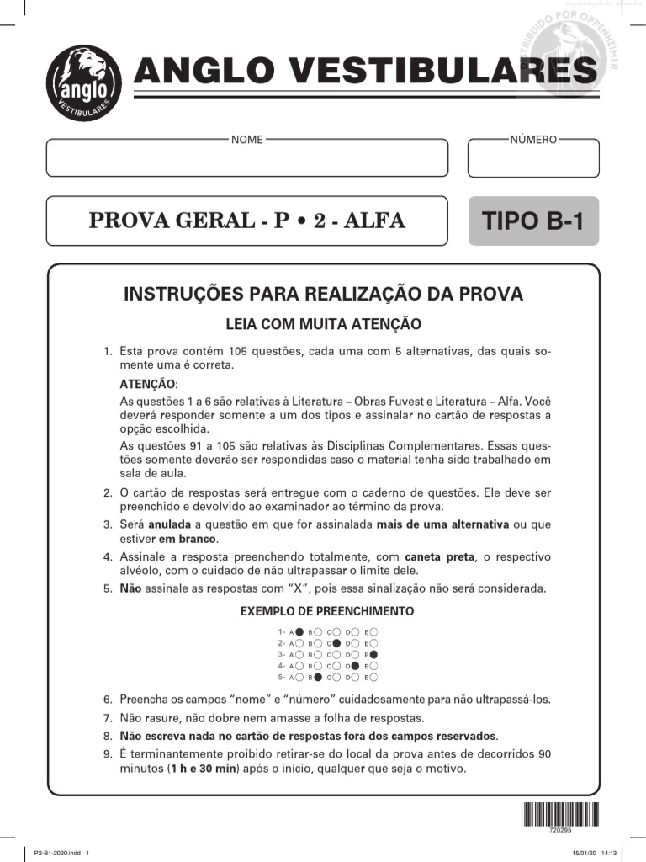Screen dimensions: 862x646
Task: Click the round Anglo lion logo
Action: coord(83,83)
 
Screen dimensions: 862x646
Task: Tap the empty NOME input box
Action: coord(246,159)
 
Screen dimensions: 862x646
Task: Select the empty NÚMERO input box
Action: coord(533,159)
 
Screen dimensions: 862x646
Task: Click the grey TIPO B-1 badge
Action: coord(533,221)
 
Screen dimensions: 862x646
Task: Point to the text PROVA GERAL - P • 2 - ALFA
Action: coord(246,221)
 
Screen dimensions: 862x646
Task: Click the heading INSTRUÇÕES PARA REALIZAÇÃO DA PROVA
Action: coord(324,294)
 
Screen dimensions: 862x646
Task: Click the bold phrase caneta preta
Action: coord(435,557)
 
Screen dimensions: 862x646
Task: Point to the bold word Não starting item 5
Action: coord(130,588)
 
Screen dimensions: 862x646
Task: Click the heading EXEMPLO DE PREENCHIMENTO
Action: coord(327,611)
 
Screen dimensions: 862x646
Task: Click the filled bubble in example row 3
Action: coord(373,654)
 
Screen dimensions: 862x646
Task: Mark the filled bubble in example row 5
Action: coord(317,677)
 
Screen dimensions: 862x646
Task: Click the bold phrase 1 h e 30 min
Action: coord(202,769)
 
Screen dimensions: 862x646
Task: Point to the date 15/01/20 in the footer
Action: coord(584,854)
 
